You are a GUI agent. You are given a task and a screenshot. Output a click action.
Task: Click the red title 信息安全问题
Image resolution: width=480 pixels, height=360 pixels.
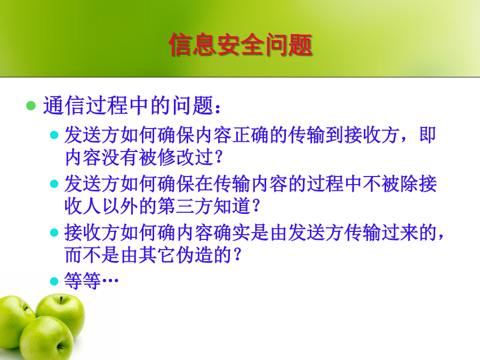point(241,45)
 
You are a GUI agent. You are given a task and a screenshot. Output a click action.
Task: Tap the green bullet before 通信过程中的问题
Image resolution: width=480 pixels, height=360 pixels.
point(31,106)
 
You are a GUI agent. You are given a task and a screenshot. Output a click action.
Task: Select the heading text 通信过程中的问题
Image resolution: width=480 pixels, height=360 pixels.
point(131,105)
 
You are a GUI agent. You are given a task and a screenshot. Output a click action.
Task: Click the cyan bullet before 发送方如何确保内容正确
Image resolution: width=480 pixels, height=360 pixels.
point(54,135)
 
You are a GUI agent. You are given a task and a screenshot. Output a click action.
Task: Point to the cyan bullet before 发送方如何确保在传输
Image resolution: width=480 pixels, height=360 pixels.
point(54,183)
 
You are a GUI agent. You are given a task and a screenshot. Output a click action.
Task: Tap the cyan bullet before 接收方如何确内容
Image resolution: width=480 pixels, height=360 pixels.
point(54,233)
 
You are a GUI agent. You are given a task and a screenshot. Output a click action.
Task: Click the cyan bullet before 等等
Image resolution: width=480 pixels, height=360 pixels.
point(54,281)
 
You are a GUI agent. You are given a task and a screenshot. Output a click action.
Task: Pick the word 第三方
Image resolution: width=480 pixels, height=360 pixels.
point(186,206)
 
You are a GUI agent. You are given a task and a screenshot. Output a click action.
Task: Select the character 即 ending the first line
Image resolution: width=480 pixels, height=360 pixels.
point(427,135)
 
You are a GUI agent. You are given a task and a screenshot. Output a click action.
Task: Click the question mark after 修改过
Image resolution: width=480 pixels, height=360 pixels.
point(219,157)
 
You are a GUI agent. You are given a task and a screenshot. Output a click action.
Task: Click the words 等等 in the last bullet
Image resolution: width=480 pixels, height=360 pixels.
point(83,281)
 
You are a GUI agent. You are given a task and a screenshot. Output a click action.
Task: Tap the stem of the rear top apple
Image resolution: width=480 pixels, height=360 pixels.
point(61,300)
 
